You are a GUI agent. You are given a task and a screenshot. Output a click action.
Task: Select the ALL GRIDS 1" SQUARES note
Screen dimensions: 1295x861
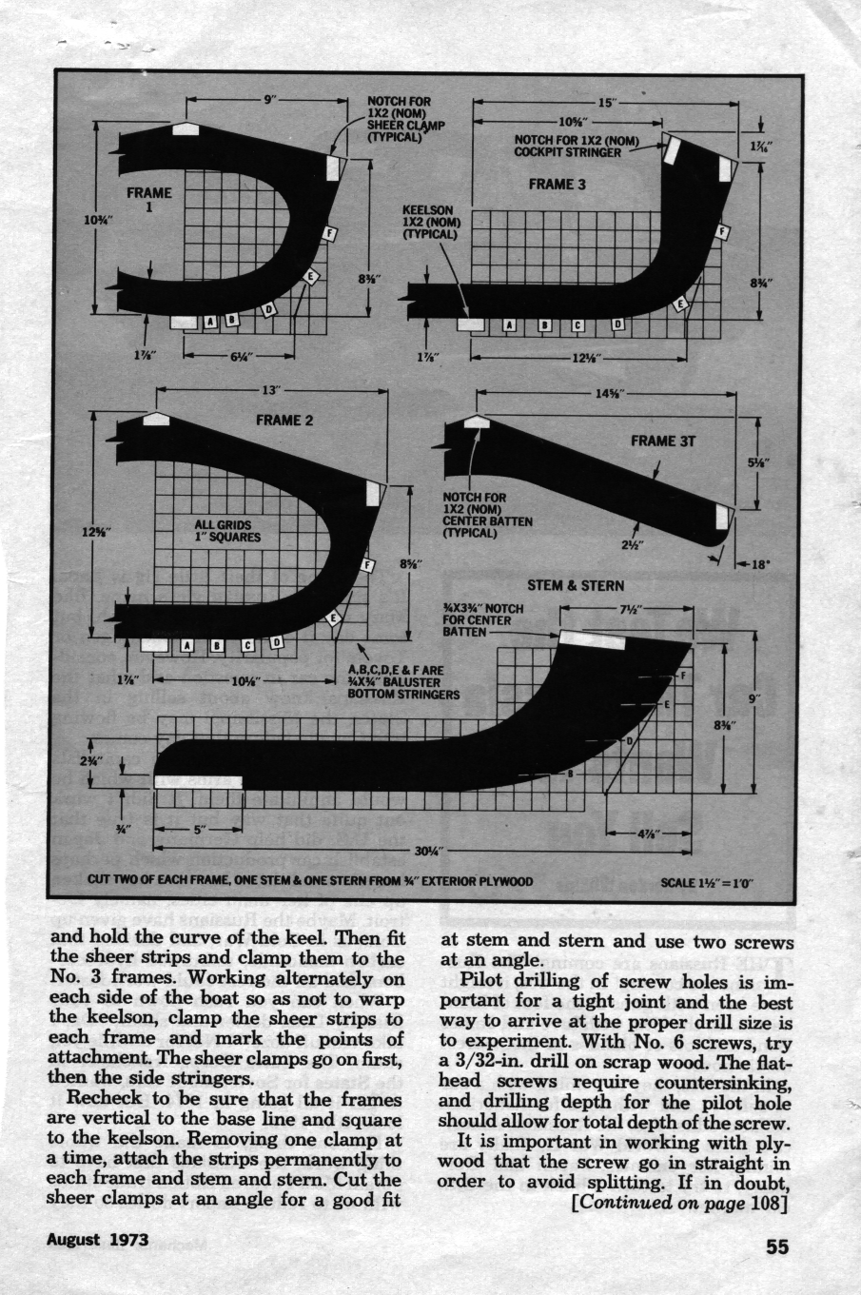point(227,530)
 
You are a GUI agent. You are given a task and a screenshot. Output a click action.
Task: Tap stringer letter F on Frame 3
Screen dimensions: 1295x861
point(722,231)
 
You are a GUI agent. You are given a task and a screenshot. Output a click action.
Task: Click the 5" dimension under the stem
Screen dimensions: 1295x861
point(200,829)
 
